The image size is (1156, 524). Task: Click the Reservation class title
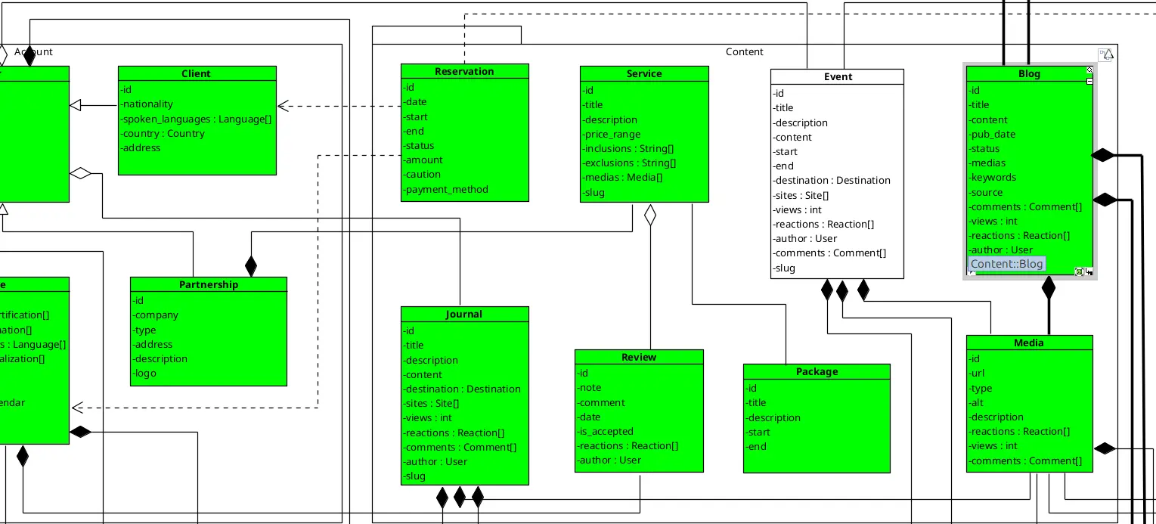click(x=464, y=72)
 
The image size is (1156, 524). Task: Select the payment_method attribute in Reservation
click(x=446, y=190)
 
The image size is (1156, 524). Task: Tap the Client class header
click(x=197, y=73)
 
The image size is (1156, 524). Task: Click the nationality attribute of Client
click(x=148, y=104)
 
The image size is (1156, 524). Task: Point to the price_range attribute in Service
click(x=612, y=135)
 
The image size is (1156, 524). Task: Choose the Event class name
click(x=838, y=77)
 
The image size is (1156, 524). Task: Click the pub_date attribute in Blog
click(x=993, y=135)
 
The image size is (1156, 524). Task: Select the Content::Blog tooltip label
click(x=1006, y=264)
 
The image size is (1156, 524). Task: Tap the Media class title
click(x=1029, y=343)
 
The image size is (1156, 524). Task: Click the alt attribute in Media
click(x=977, y=403)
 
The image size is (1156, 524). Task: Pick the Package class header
click(x=817, y=372)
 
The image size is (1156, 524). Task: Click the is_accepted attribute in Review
click(x=606, y=432)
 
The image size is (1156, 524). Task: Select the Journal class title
click(x=464, y=315)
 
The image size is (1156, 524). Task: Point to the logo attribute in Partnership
click(x=145, y=374)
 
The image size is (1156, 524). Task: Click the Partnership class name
click(x=209, y=285)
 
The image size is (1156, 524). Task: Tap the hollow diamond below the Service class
click(x=649, y=215)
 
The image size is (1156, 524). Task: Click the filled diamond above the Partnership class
click(x=251, y=266)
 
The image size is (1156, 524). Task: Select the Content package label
click(x=745, y=52)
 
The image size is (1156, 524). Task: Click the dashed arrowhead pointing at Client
click(x=285, y=106)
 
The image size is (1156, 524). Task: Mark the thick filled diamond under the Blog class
click(x=1048, y=287)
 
